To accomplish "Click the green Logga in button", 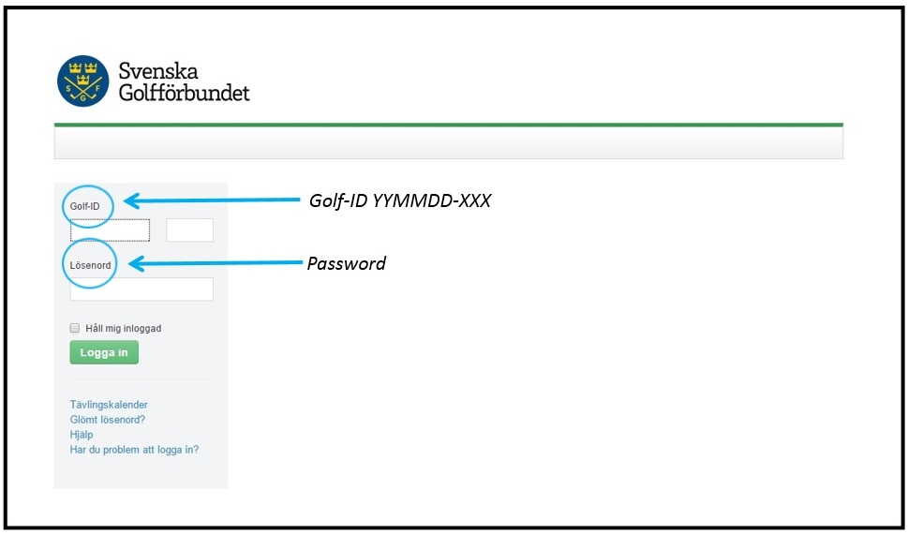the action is (104, 352).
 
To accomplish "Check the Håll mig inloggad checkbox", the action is (75, 328).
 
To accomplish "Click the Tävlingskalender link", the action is (109, 405).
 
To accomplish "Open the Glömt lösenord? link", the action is (108, 420).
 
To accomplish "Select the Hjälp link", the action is (82, 435).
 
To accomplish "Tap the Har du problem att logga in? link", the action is (134, 450).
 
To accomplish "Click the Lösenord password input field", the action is (141, 289).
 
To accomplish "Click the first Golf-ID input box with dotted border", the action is (110, 230).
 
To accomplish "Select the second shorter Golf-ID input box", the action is (190, 230).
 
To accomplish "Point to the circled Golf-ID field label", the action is (84, 205).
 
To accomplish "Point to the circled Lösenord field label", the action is (90, 265).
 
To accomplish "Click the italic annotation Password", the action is (347, 263).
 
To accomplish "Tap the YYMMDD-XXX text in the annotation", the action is (432, 201).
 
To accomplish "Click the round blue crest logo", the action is (82, 82).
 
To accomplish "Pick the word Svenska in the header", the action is (158, 70).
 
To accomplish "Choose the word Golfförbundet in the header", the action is (185, 92).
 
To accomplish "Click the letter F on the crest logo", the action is (97, 89).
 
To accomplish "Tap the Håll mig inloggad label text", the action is (124, 329).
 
